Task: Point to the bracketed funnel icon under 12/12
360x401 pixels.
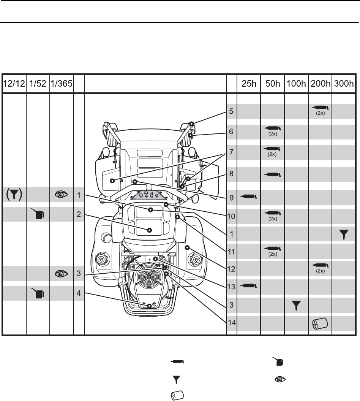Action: (14, 195)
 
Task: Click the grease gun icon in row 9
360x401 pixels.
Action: (249, 197)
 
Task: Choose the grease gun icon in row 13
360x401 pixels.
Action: (249, 285)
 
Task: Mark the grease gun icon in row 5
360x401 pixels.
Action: (321, 108)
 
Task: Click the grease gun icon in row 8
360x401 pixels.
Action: (273, 175)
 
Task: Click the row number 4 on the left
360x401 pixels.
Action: (79, 293)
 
